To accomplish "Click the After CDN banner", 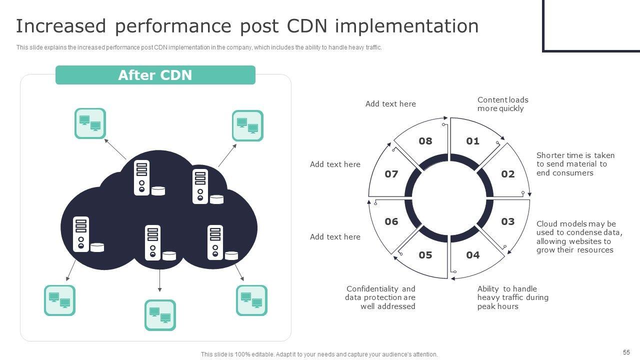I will point(155,75).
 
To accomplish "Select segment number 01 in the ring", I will point(472,141).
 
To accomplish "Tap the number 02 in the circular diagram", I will point(507,174).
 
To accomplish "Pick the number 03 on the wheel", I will point(507,221).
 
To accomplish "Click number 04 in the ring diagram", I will point(472,255).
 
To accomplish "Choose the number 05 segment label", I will point(425,255).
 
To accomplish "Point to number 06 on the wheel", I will point(391,221).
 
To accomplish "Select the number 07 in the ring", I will point(391,174).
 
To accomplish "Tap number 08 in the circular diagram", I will point(425,141).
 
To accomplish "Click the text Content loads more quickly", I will point(502,104).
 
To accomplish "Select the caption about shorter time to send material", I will point(575,164).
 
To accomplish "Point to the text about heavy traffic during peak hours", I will point(512,297).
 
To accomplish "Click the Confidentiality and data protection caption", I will point(380,297).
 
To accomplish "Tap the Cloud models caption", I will point(579,237).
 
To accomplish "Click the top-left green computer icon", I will point(90,123).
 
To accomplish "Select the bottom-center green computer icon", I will point(160,315).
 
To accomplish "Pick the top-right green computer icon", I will point(247,125).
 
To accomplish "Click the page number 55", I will point(626,352).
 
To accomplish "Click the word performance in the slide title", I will point(173,26).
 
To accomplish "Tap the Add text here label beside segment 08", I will point(390,104).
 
